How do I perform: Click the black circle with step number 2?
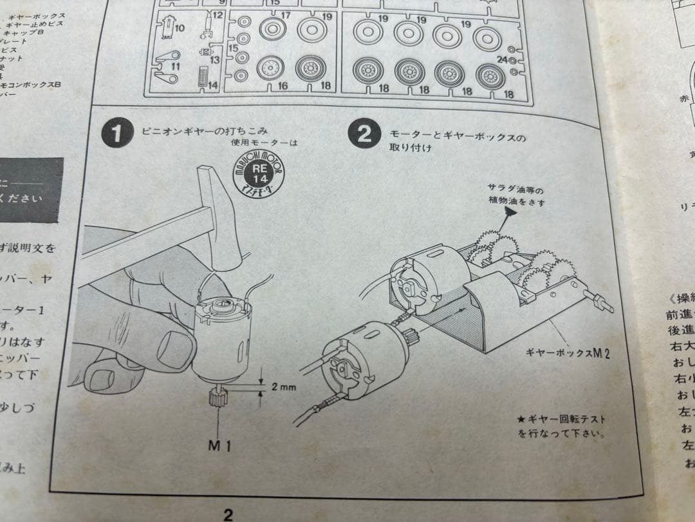(364, 135)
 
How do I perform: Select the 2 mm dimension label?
(284, 388)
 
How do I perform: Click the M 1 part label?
(219, 445)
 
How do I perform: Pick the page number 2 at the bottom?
(228, 514)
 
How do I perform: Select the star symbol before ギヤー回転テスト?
(522, 420)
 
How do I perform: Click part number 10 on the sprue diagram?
(179, 28)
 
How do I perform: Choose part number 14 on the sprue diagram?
(213, 84)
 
